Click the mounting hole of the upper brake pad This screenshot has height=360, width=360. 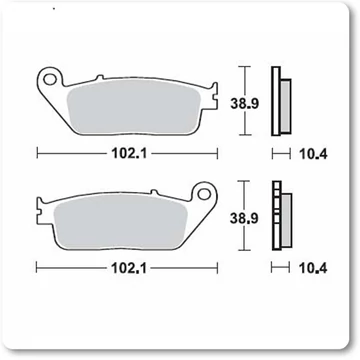pyautogui.click(x=50, y=79)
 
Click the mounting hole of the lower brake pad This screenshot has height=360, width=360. pyautogui.click(x=203, y=193)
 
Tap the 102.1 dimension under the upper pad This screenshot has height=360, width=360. pyautogui.click(x=129, y=154)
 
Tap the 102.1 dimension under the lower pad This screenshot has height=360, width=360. pyautogui.click(x=129, y=268)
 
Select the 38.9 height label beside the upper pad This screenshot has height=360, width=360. pyautogui.click(x=245, y=104)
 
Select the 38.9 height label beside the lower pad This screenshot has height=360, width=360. pyautogui.click(x=244, y=218)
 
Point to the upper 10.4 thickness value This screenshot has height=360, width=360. pyautogui.click(x=313, y=154)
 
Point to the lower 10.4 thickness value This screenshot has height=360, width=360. pyautogui.click(x=313, y=268)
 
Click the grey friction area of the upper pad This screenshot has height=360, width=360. pyautogui.click(x=133, y=107)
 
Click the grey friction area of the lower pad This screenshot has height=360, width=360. pyautogui.click(x=120, y=221)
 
